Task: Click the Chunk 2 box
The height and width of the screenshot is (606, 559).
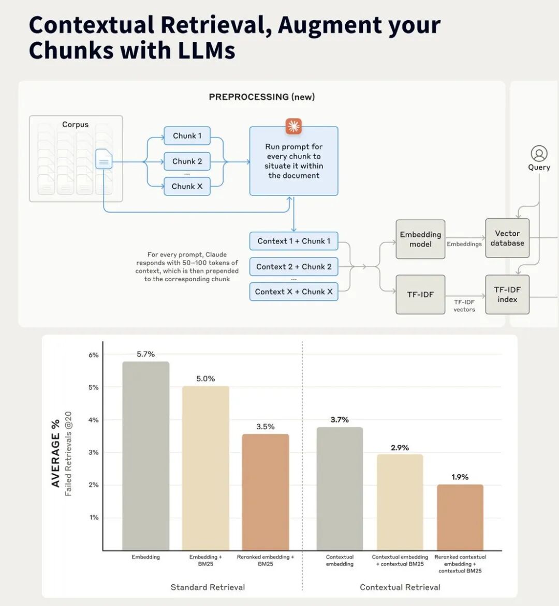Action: click(187, 161)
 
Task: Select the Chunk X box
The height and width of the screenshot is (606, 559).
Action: click(187, 186)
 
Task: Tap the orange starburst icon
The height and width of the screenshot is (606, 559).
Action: click(293, 126)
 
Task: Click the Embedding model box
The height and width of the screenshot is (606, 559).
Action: click(420, 239)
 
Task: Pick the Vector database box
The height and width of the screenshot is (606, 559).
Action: click(507, 238)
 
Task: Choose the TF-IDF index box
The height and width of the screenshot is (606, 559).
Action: click(507, 295)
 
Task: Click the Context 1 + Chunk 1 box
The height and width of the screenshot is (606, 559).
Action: click(293, 241)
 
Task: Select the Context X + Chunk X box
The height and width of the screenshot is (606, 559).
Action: click(293, 292)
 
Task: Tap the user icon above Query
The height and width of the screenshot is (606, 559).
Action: click(539, 154)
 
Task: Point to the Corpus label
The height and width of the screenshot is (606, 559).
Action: click(75, 125)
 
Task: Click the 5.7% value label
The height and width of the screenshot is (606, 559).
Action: click(145, 354)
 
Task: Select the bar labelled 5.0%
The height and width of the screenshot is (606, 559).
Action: click(206, 468)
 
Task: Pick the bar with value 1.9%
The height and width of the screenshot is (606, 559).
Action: click(460, 518)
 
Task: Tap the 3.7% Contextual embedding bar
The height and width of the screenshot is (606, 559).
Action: click(340, 489)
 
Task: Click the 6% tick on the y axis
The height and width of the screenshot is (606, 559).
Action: click(94, 355)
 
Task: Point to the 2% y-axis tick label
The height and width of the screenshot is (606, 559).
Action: click(94, 484)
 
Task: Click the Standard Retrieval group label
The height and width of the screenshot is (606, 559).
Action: click(208, 587)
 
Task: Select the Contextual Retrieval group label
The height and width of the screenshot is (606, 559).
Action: click(400, 587)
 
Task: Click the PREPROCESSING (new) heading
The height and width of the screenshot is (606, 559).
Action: click(262, 97)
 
